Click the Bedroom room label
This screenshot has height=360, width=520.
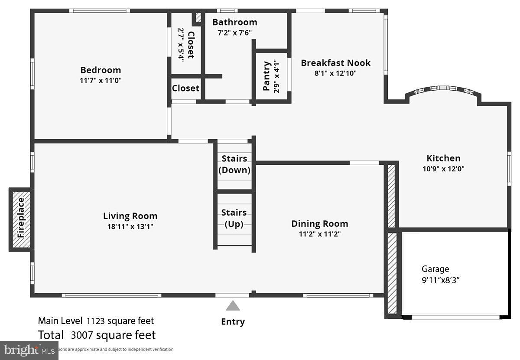tap(101, 70)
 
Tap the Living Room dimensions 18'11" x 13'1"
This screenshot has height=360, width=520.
tap(130, 226)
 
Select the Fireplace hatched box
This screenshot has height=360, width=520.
tap(20, 219)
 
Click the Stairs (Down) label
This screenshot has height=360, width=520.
tap(234, 164)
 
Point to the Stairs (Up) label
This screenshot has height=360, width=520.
tap(234, 218)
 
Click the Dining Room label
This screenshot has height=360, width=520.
tap(319, 223)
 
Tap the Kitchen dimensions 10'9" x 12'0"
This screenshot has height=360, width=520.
tap(443, 169)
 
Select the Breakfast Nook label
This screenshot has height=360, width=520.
tap(335, 62)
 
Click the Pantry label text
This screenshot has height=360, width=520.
tap(266, 76)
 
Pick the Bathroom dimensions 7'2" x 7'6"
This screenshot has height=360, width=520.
tap(234, 33)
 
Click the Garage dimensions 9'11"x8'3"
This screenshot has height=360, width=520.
tap(441, 280)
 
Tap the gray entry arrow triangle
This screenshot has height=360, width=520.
tap(233, 306)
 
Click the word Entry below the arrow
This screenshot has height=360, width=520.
tap(233, 321)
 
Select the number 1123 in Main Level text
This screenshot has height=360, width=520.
tap(96, 321)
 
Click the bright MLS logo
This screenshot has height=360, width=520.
tap(29, 350)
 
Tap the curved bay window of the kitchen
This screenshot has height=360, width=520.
tap(442, 90)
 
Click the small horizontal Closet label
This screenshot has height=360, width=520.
tap(185, 88)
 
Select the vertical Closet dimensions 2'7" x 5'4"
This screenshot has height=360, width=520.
tap(181, 45)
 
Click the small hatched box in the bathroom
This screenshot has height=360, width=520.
tap(199, 17)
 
